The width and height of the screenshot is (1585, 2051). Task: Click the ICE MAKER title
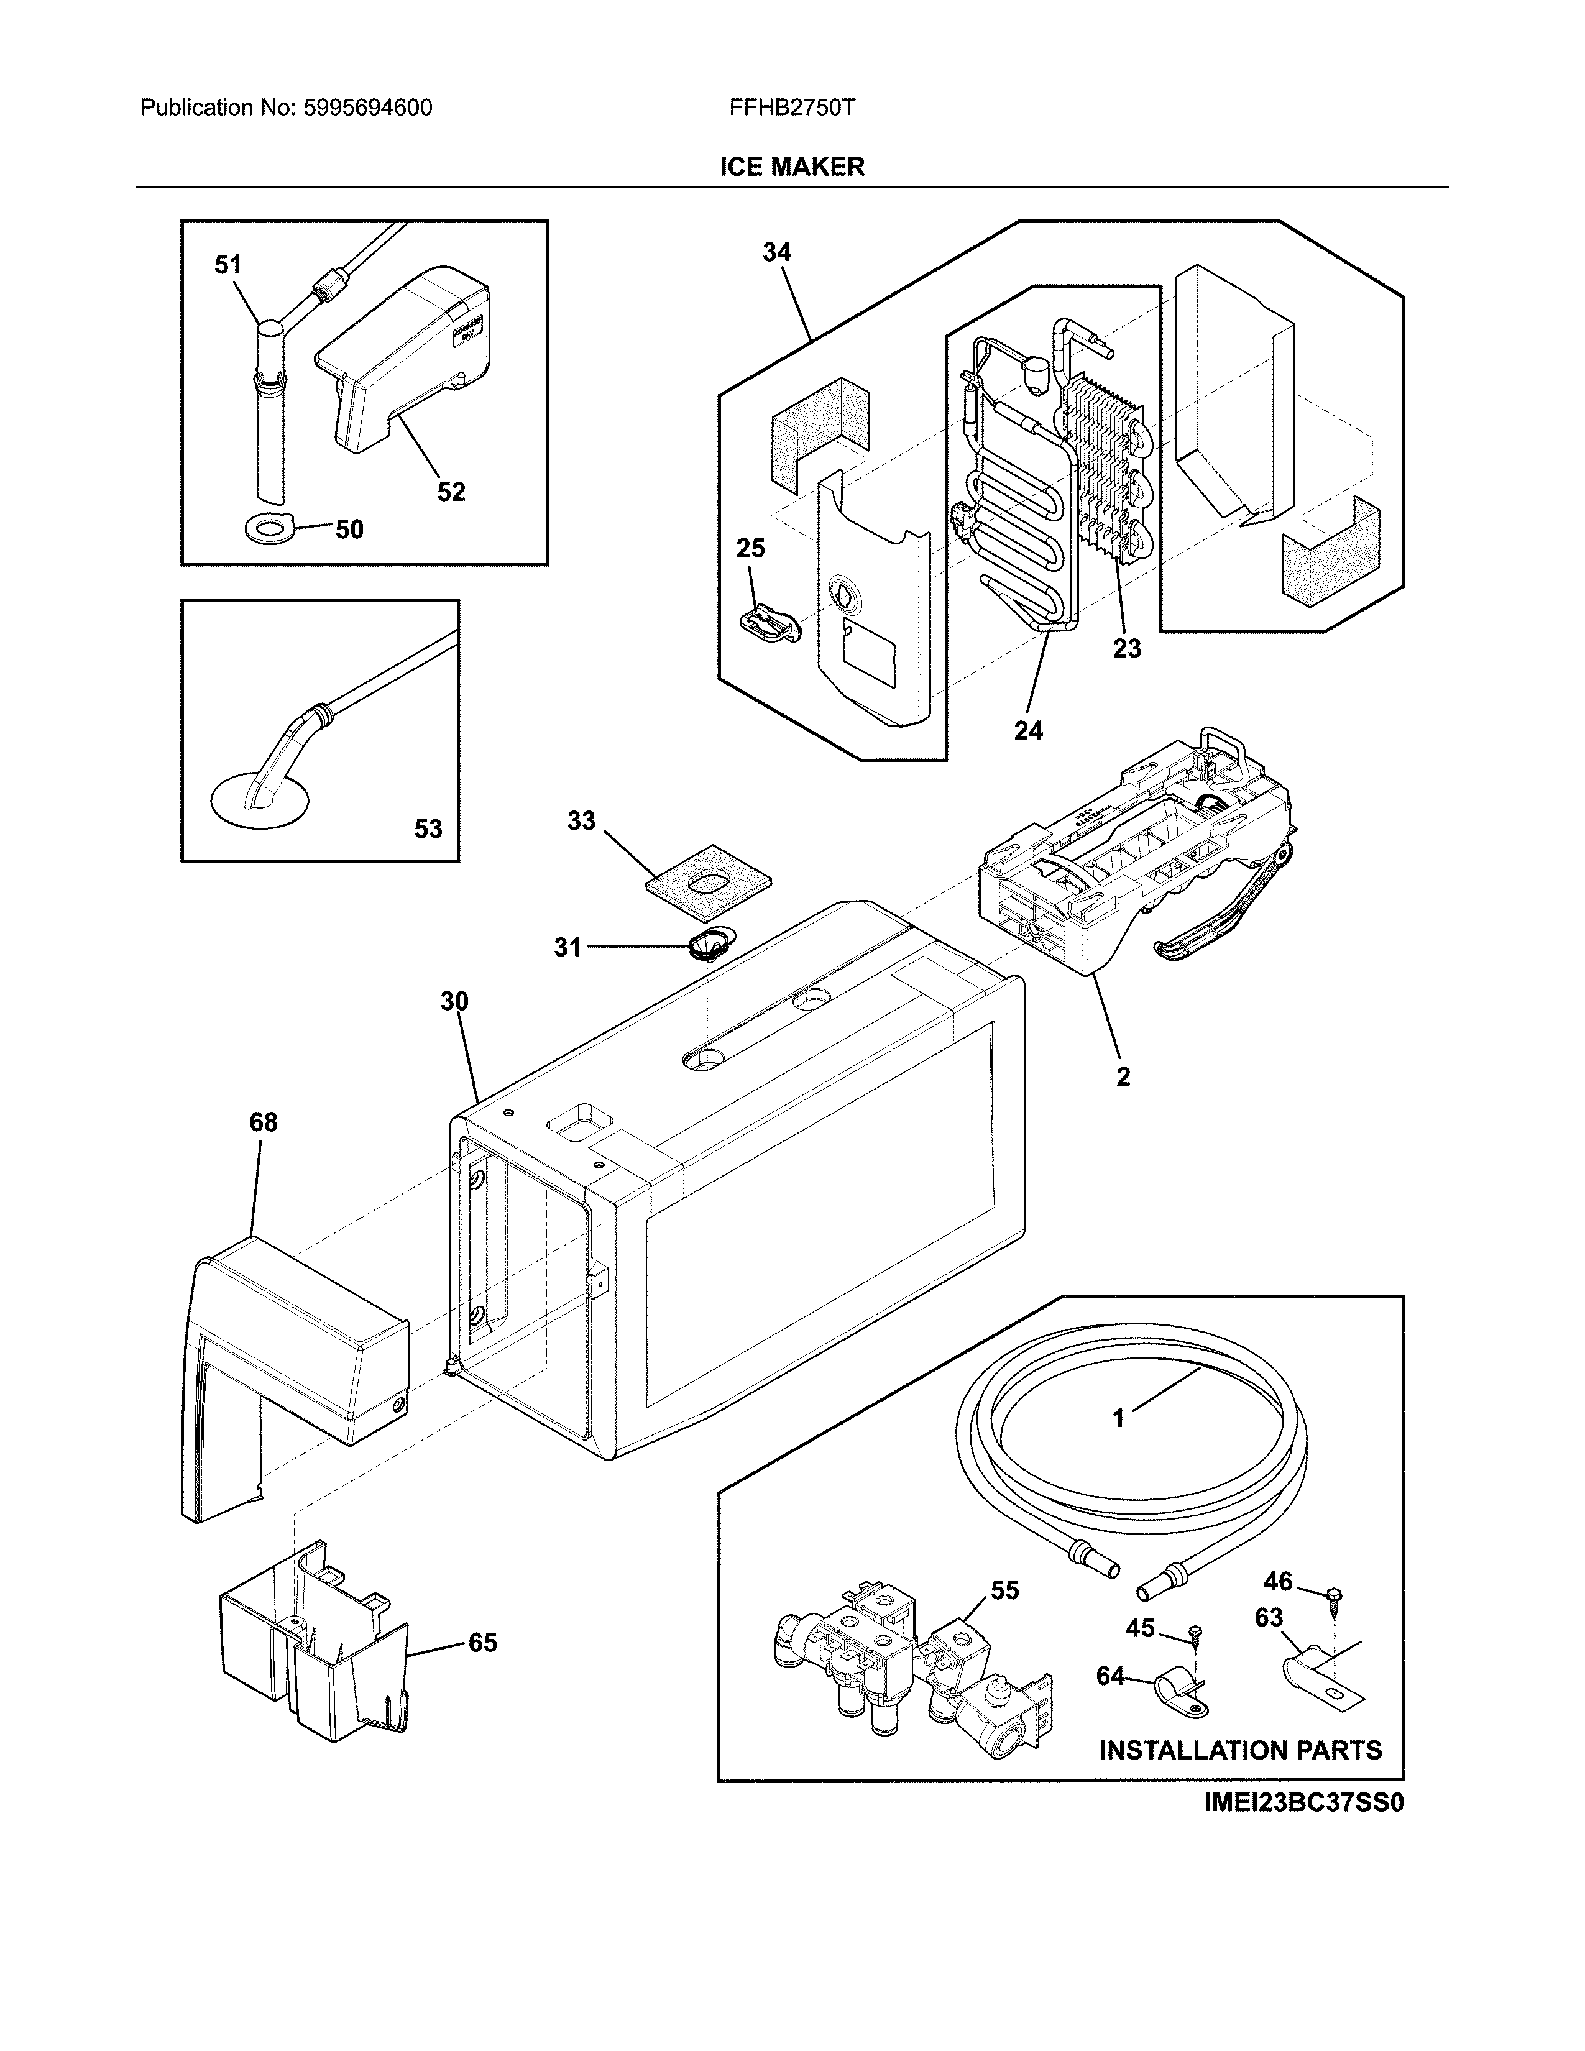click(791, 167)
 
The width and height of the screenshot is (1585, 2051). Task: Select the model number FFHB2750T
click(791, 108)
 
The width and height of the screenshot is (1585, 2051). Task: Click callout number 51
click(228, 266)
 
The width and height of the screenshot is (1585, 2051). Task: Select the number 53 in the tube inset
click(428, 828)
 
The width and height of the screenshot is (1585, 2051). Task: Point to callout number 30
click(454, 1001)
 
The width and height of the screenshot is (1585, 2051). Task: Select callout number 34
click(776, 252)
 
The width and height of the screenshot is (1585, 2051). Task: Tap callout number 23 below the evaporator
click(1127, 648)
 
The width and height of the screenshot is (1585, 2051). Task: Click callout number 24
click(1028, 730)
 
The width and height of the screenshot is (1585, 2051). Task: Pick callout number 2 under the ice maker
click(1123, 1077)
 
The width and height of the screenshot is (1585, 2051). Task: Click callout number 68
click(263, 1122)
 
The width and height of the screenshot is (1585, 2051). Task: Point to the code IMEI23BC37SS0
click(1303, 1804)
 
